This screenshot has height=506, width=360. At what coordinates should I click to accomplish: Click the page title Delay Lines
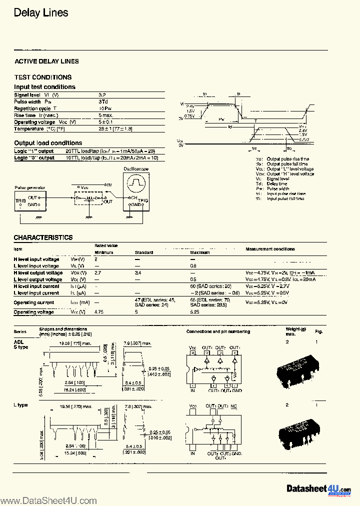tap(41, 13)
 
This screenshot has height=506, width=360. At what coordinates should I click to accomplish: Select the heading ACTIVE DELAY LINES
tap(46, 61)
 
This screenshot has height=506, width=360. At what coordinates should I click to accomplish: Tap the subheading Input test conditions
tap(44, 87)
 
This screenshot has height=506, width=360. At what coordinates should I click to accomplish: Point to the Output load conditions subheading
tap(48, 143)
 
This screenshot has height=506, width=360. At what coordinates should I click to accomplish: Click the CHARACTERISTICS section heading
tap(43, 237)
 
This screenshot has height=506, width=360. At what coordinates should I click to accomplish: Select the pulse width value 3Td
tap(103, 101)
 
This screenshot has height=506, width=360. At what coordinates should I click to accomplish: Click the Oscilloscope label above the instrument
tap(136, 169)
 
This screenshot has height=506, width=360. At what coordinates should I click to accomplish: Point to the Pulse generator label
tap(29, 188)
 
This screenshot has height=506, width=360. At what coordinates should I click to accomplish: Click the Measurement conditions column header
tap(270, 249)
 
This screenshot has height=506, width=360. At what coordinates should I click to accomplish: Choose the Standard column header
tap(144, 252)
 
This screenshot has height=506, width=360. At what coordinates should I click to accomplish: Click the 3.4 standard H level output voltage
tap(138, 273)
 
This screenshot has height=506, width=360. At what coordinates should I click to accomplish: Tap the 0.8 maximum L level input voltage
tap(193, 266)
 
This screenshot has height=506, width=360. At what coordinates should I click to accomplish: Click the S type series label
tap(21, 346)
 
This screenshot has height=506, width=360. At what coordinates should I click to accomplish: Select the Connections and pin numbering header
tap(218, 331)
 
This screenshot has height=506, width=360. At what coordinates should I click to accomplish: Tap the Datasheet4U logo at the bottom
tap(318, 489)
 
